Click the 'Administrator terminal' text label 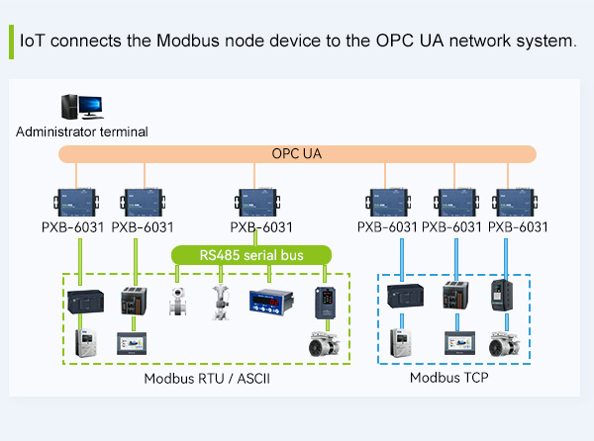coord(82,131)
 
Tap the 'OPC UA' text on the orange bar coord(297,154)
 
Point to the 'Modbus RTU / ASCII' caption coord(207,379)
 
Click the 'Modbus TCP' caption coord(449,377)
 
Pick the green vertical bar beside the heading coord(11,42)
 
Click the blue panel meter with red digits coord(273,301)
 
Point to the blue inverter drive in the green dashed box coord(325,302)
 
